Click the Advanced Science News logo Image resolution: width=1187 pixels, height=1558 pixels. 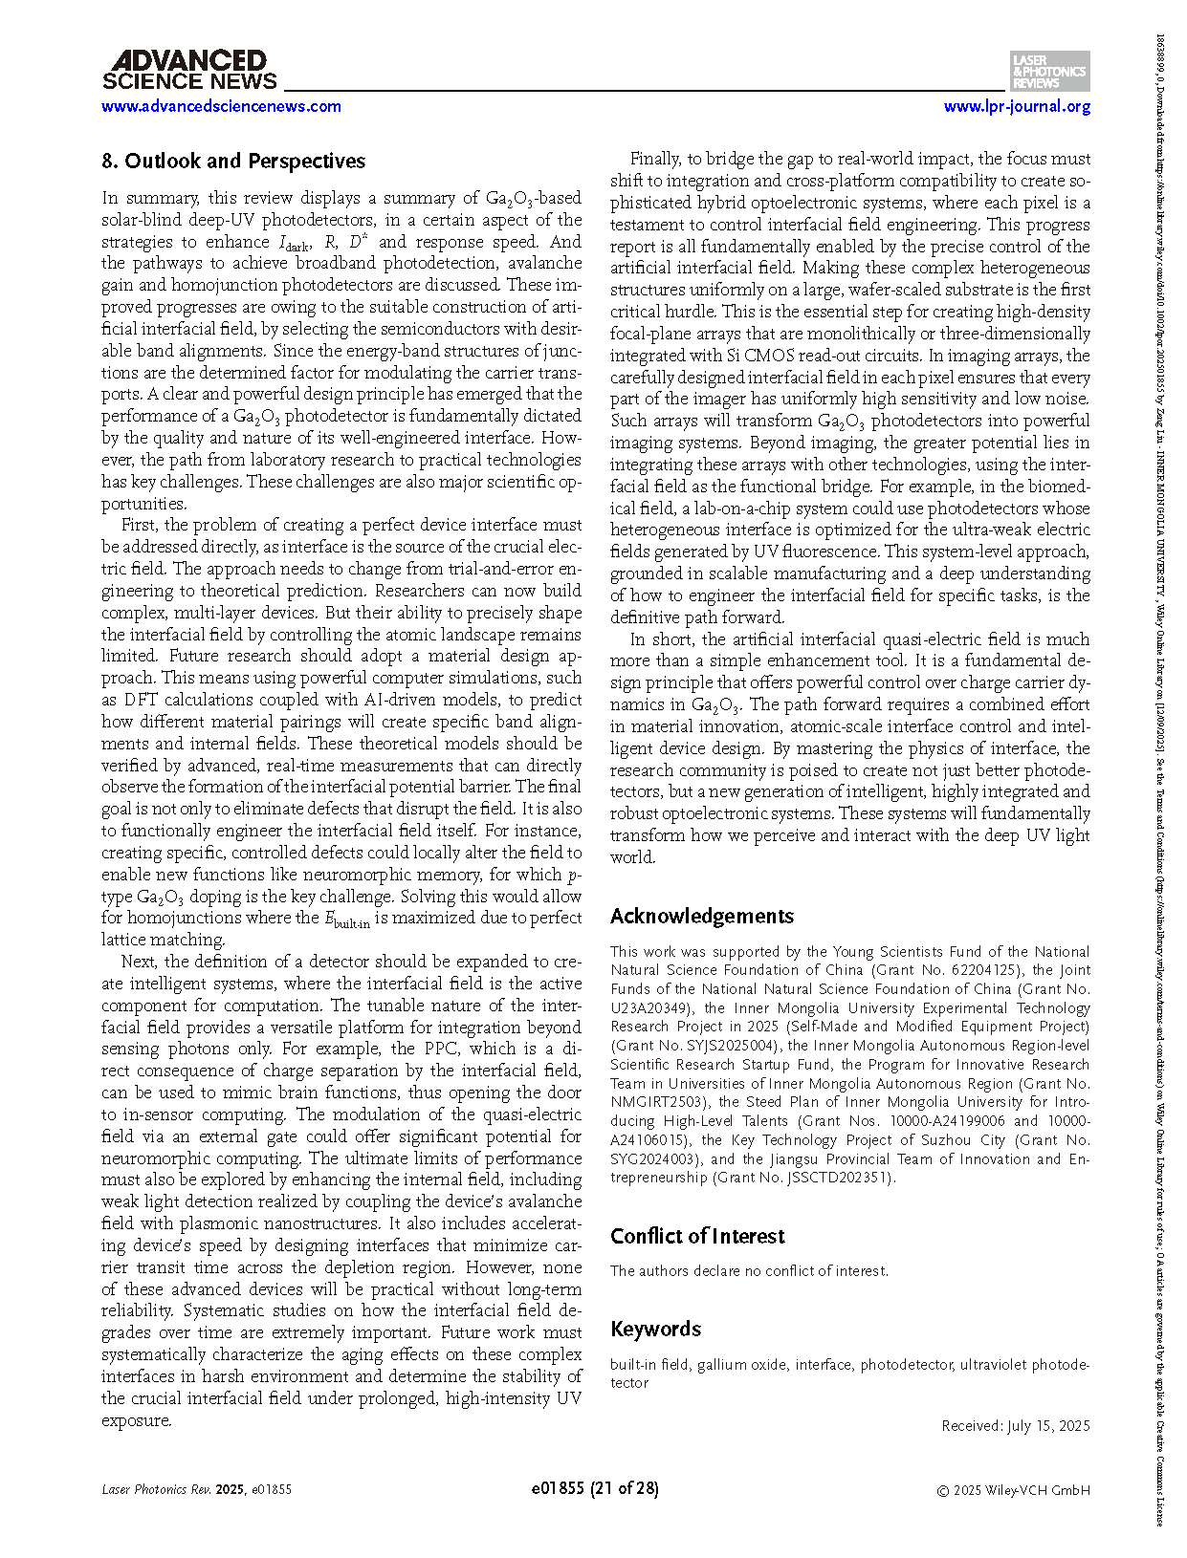click(188, 72)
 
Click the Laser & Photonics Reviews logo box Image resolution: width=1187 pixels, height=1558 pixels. click(1049, 72)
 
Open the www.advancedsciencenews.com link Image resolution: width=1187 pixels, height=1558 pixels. click(221, 106)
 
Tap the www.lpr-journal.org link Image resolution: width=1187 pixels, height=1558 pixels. click(1017, 106)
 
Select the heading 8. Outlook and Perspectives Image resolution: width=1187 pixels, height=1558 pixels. click(233, 161)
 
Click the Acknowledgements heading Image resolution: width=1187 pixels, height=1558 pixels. click(701, 916)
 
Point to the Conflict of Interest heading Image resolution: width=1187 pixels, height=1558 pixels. click(697, 1236)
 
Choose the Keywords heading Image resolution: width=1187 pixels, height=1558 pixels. click(655, 1329)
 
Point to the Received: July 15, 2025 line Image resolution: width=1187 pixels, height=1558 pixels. click(1015, 1425)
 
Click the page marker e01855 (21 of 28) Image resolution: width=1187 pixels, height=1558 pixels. click(594, 1488)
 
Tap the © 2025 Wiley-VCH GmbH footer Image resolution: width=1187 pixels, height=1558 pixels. click(1013, 1489)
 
